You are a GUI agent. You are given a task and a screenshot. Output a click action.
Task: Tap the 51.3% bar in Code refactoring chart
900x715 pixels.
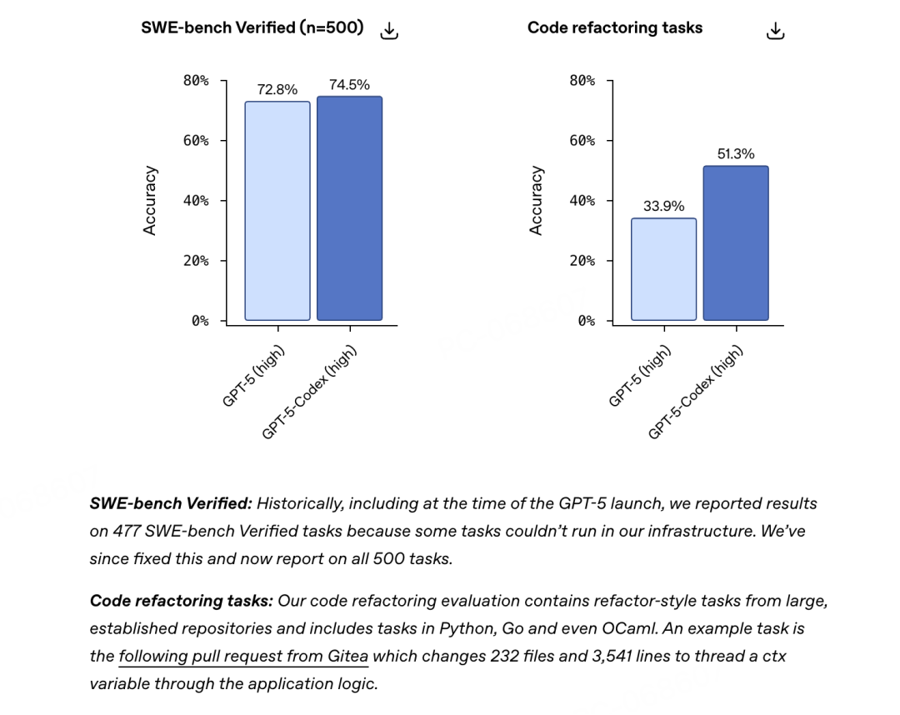[736, 243]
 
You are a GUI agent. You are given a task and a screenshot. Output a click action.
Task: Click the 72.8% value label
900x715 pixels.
[277, 90]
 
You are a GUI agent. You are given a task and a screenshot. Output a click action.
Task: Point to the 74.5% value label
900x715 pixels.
[349, 85]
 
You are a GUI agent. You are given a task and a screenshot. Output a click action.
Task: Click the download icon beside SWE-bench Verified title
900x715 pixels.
[389, 31]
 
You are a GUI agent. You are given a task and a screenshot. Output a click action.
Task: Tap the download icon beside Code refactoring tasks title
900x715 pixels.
[775, 31]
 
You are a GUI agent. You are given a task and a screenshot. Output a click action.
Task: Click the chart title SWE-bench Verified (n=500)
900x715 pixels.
[252, 27]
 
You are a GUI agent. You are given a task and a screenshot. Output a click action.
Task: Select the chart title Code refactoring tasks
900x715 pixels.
[615, 27]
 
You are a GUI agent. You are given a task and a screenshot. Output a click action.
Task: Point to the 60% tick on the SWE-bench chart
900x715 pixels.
[197, 141]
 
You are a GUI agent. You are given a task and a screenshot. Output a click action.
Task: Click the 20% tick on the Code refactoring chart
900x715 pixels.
[582, 261]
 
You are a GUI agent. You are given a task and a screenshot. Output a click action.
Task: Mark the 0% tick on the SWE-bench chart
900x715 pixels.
[200, 321]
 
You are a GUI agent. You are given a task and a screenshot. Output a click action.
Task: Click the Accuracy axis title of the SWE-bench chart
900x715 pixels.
[150, 201]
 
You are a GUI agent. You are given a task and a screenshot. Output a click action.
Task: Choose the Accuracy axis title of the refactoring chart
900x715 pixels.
[536, 201]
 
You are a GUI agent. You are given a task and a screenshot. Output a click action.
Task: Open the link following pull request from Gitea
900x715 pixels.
[243, 656]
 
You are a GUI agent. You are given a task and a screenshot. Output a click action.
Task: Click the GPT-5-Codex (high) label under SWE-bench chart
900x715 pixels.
[310, 392]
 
